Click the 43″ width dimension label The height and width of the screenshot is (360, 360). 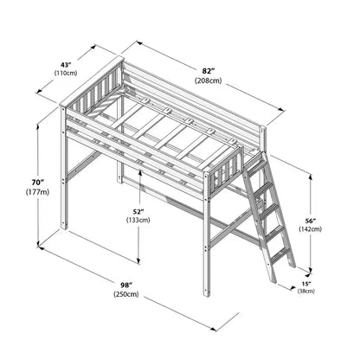pyautogui.click(x=66, y=65)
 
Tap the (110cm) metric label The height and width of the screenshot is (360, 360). pyautogui.click(x=66, y=73)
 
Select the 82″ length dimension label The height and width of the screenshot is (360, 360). pyautogui.click(x=209, y=71)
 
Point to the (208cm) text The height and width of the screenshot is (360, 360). pyautogui.click(x=209, y=80)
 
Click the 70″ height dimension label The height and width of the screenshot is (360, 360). pyautogui.click(x=37, y=183)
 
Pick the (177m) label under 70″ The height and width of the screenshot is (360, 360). pyautogui.click(x=37, y=192)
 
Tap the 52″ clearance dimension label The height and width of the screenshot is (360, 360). pyautogui.click(x=138, y=212)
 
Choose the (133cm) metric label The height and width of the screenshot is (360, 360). pyautogui.click(x=138, y=220)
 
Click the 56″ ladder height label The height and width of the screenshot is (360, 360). pyautogui.click(x=311, y=221)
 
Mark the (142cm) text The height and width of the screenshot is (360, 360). pyautogui.click(x=311, y=229)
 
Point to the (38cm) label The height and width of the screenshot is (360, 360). pyautogui.click(x=306, y=291)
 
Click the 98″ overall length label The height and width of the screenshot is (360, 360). pyautogui.click(x=126, y=285)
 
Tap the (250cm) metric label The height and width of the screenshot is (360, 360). pyautogui.click(x=126, y=294)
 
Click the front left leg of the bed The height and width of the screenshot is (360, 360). pyautogui.click(x=64, y=168)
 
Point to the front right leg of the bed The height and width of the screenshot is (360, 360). pyautogui.click(x=207, y=235)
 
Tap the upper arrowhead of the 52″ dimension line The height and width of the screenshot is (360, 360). pyautogui.click(x=140, y=173)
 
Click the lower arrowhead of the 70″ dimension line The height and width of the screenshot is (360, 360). pyautogui.click(x=38, y=245)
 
